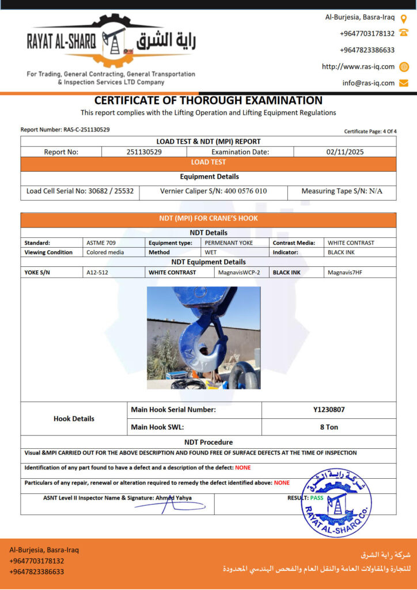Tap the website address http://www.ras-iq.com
coord(358,66)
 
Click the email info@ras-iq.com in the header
coord(369,83)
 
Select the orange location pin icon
coord(404,18)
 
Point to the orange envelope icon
coord(404,83)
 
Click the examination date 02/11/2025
coord(344,152)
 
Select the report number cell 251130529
coord(144,152)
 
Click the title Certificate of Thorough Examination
coord(208,100)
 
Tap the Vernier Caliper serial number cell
coord(213,191)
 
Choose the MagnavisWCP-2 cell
coord(240,272)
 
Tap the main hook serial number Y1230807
coord(329,410)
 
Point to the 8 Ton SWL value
coord(329,427)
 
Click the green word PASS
coord(317,497)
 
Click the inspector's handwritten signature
coord(169,506)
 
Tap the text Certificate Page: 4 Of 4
coord(370,131)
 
